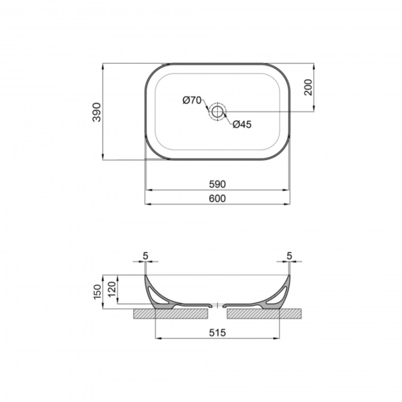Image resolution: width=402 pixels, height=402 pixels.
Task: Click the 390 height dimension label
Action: tap(97, 112)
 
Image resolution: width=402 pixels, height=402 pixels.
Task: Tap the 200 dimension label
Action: tap(308, 87)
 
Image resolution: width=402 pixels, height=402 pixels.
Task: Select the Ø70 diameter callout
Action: tap(192, 100)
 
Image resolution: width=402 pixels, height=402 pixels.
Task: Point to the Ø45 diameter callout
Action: tap(242, 124)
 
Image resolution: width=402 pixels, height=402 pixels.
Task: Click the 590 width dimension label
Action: tap(218, 184)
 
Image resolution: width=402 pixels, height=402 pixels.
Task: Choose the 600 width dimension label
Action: tap(218, 199)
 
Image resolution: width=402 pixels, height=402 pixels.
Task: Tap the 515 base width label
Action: tap(218, 333)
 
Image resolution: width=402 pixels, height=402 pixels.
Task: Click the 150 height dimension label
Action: tap(97, 292)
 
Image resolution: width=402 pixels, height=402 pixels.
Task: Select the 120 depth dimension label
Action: tap(112, 289)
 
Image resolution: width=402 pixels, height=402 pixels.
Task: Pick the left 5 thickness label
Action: tap(146, 256)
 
